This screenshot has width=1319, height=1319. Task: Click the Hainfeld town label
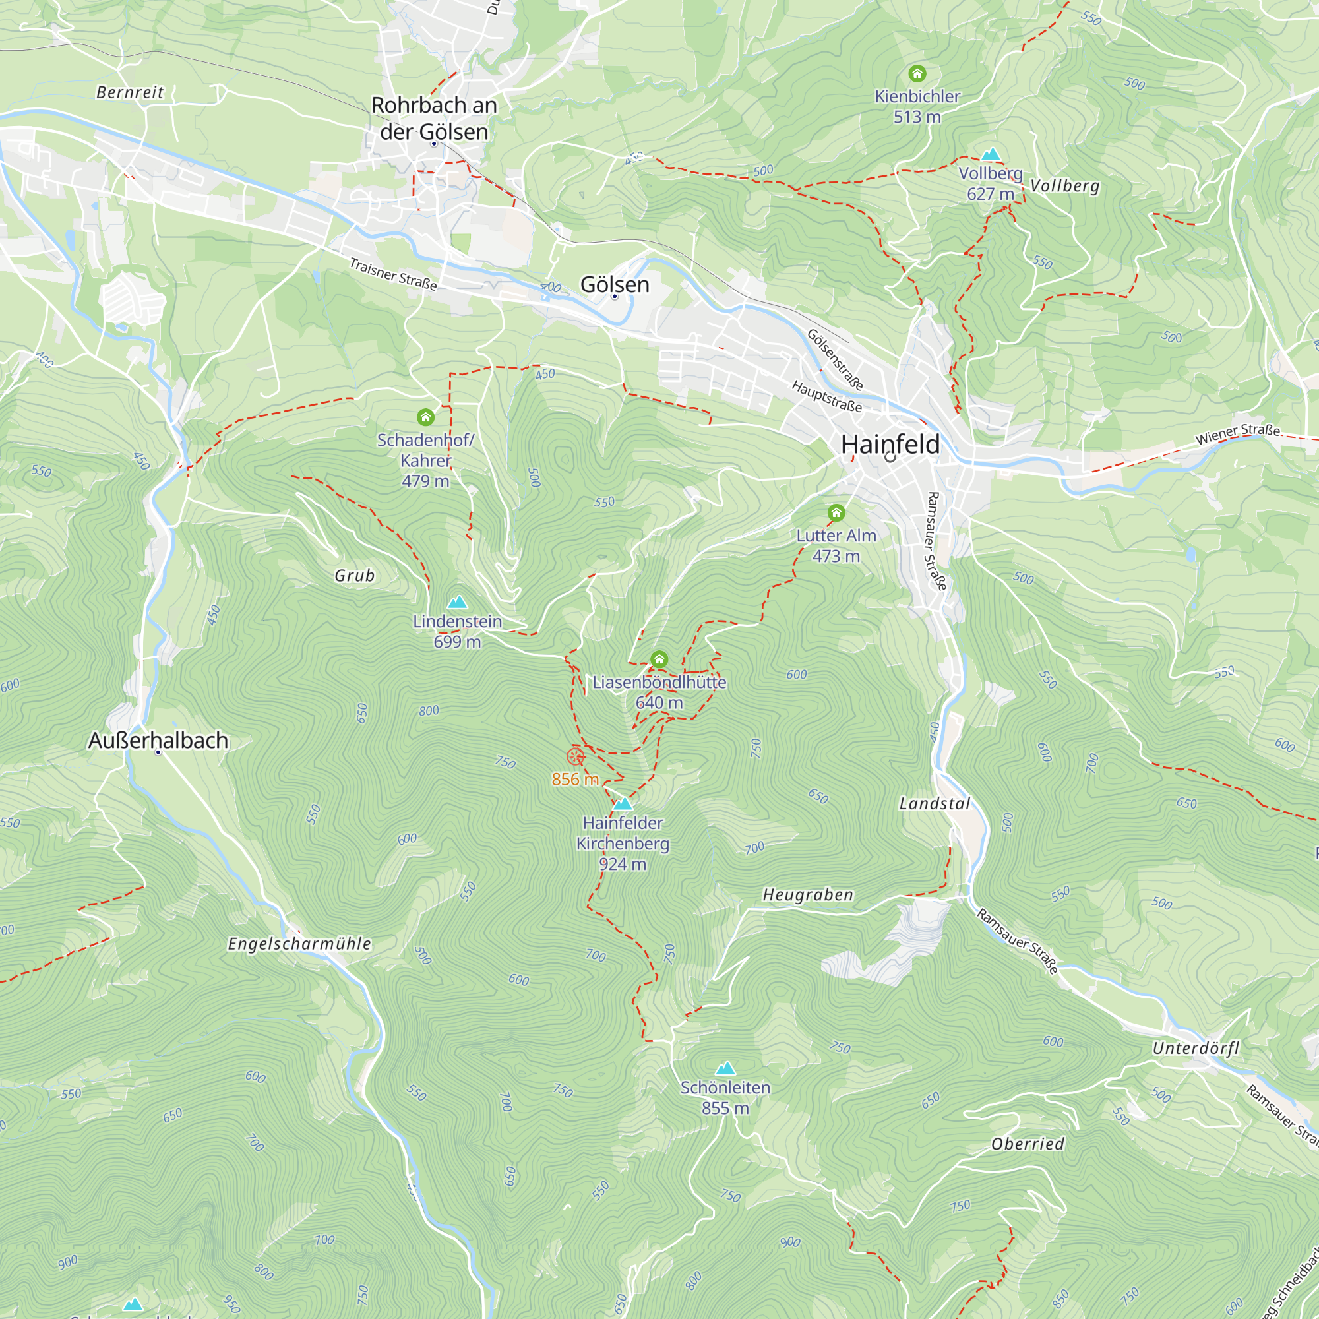click(x=890, y=445)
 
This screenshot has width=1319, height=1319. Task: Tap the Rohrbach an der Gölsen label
click(x=434, y=118)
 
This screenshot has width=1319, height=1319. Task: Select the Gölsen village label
click(x=615, y=284)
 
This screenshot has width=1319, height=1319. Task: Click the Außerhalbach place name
click(x=158, y=740)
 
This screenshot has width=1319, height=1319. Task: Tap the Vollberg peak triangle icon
click(x=990, y=154)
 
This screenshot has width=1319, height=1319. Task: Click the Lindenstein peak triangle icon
click(x=457, y=602)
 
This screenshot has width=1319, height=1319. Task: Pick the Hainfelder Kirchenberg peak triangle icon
click(x=622, y=803)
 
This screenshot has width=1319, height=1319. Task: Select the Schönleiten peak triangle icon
click(x=725, y=1068)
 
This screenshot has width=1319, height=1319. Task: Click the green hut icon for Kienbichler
click(x=917, y=73)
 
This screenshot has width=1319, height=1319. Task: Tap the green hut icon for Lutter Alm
click(x=836, y=512)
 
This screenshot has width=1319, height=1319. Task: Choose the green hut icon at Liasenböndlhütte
click(x=659, y=659)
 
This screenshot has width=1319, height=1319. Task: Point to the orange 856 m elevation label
click(x=575, y=779)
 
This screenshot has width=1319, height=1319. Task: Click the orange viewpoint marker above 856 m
click(x=576, y=756)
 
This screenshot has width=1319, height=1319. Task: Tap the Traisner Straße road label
click(x=392, y=274)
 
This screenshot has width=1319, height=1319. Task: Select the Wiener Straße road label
click(x=1237, y=434)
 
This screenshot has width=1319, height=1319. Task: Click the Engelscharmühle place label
click(x=299, y=944)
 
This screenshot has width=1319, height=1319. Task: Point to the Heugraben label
click(x=808, y=894)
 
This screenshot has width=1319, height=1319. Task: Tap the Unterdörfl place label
click(x=1196, y=1048)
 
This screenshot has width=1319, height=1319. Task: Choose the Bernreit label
click(x=130, y=92)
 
